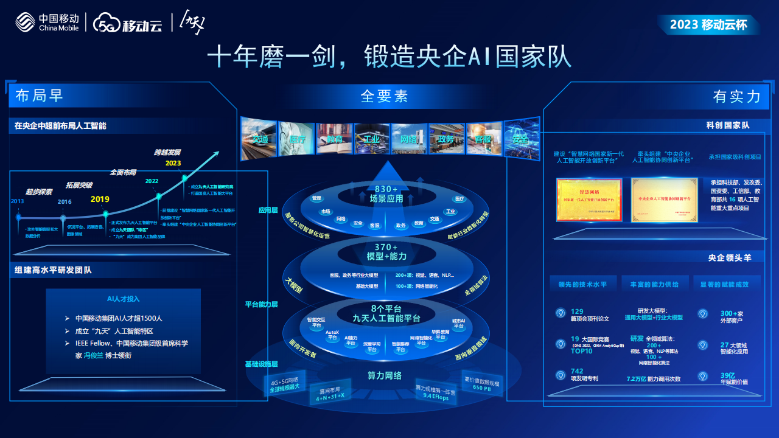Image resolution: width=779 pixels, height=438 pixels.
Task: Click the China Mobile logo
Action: (47, 23)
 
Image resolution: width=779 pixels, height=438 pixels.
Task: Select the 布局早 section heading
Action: (40, 96)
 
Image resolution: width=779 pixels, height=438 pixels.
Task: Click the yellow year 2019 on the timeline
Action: (100, 200)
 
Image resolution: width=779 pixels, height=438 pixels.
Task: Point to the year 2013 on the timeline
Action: (18, 201)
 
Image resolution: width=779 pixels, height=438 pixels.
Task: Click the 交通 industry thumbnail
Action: (259, 139)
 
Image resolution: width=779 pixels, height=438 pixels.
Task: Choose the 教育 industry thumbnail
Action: (334, 139)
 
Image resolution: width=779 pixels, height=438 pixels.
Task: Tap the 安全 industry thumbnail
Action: (521, 139)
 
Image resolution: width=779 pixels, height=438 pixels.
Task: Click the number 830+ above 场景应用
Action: (386, 189)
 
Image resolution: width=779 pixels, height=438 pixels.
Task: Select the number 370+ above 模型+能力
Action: (386, 247)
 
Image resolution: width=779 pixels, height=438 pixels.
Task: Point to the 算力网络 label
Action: (385, 375)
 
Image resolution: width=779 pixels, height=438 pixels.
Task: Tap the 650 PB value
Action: (481, 388)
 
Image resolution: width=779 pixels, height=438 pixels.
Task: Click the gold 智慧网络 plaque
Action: (589, 200)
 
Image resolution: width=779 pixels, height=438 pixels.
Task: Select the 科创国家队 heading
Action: (727, 125)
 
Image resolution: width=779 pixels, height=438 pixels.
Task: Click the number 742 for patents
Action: (576, 371)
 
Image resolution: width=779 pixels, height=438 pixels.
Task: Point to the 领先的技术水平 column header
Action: (578, 284)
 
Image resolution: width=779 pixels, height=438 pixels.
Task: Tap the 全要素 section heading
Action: (384, 96)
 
